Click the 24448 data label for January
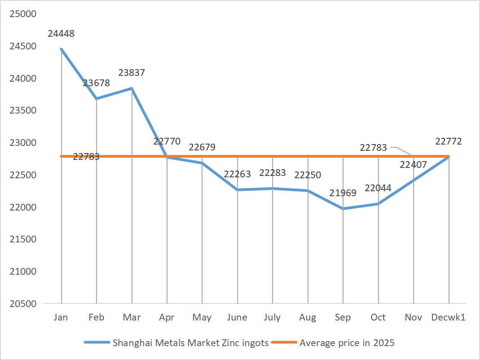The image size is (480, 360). (x=61, y=33)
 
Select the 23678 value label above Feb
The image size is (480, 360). (x=96, y=83)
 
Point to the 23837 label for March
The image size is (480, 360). (x=132, y=72)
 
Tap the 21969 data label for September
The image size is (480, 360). (x=343, y=193)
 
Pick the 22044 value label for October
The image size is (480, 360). (x=378, y=188)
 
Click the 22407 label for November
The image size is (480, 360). (x=413, y=165)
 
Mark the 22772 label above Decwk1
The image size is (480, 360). (x=449, y=141)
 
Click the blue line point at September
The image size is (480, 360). (x=343, y=209)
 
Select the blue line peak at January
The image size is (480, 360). (x=61, y=49)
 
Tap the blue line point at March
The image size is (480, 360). (x=132, y=88)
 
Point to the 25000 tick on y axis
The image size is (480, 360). (x=22, y=14)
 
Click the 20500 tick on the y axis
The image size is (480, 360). (x=22, y=303)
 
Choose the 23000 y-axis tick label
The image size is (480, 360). (x=22, y=143)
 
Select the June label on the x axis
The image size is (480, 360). (x=237, y=317)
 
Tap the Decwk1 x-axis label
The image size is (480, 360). (x=448, y=317)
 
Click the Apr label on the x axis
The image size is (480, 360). (x=167, y=317)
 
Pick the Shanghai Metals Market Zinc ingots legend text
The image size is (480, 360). (x=190, y=343)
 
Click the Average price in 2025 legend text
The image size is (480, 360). (x=347, y=343)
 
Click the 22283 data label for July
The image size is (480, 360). (x=273, y=173)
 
